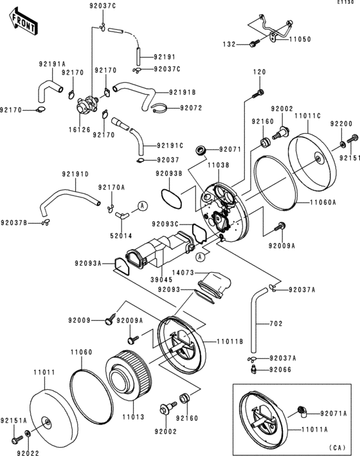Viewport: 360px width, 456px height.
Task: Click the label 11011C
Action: point(307,116)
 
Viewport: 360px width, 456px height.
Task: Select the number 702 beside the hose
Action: point(275,323)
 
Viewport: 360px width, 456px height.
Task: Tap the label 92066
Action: point(280,370)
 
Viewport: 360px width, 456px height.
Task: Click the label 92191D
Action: point(75,174)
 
